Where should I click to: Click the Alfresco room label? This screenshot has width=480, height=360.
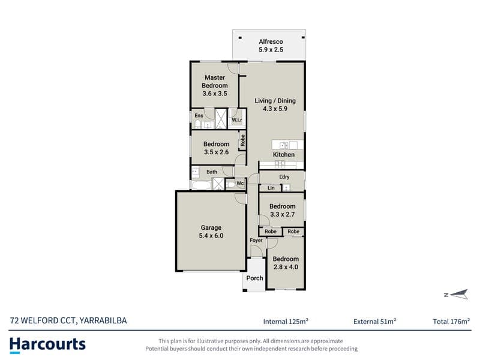(x=271, y=41)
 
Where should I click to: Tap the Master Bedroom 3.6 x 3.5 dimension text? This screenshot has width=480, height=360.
(x=215, y=94)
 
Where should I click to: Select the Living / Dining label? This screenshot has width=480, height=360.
(x=275, y=101)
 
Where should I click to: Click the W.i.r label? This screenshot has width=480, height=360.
(x=236, y=120)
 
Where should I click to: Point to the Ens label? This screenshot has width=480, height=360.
(x=199, y=115)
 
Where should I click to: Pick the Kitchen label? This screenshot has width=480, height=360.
(x=283, y=155)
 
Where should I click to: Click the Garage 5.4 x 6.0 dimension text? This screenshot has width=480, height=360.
(x=211, y=236)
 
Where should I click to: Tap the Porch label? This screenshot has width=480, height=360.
(x=254, y=278)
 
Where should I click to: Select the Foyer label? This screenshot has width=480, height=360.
(x=256, y=241)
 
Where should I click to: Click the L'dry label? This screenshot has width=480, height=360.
(x=284, y=177)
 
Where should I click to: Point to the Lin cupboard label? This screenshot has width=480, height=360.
(x=271, y=188)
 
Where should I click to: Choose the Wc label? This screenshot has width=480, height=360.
(x=240, y=184)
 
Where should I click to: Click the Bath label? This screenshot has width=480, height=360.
(x=212, y=172)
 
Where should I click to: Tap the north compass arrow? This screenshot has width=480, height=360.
(x=456, y=295)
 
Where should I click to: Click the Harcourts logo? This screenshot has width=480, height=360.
(x=47, y=345)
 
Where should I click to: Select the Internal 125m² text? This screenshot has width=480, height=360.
(x=286, y=322)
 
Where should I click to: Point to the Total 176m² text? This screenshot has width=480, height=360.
(x=451, y=322)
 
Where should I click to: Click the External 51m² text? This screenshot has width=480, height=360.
(x=374, y=322)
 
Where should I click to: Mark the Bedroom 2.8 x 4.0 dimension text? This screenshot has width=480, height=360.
(x=286, y=267)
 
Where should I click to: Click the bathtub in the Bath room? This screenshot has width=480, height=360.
(x=201, y=185)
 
